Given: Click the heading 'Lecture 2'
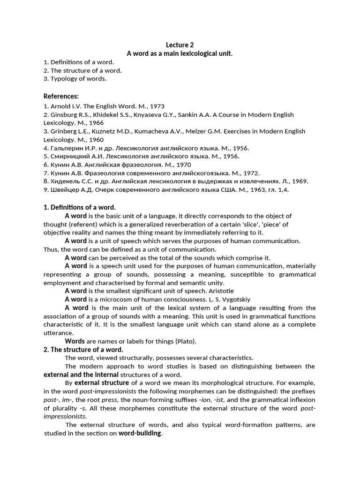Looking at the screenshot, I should [x=180, y=45].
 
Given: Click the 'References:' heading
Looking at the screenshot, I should [x=61, y=96].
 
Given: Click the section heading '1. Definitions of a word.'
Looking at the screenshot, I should [x=79, y=207].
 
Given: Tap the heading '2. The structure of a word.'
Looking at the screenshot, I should [x=83, y=350].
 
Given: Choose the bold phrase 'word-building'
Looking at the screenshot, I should [x=139, y=434].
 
